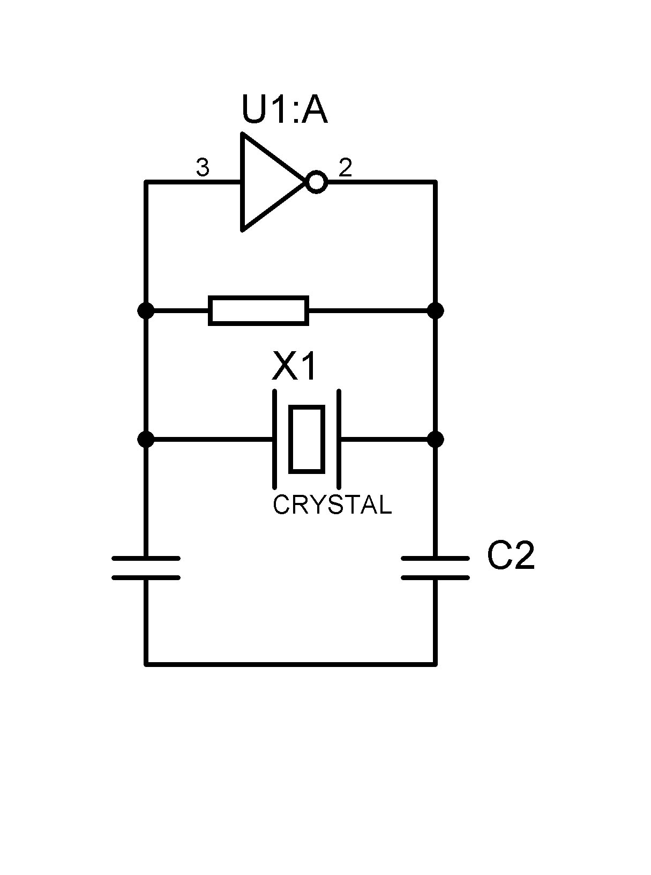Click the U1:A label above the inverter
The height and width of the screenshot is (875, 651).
284,110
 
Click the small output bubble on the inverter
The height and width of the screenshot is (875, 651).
317,182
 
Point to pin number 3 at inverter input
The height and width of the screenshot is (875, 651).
203,168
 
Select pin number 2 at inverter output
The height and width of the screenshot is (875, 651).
346,168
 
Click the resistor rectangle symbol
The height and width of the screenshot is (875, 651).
258,310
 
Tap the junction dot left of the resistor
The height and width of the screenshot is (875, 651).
146,310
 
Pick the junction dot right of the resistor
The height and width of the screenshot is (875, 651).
436,310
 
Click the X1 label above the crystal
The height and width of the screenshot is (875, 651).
295,367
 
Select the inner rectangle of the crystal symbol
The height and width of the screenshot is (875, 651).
306,440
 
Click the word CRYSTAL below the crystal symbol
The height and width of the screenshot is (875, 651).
332,505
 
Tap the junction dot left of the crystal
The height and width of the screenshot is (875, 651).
146,440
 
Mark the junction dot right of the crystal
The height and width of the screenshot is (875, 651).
436,440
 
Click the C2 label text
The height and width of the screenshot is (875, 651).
511,556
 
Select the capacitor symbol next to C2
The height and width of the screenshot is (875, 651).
436,568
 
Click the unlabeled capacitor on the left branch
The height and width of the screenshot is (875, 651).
146,568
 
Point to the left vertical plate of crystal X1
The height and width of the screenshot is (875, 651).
275,440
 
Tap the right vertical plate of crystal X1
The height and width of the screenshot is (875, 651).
339,440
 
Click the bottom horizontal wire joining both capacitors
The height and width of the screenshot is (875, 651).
290,664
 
